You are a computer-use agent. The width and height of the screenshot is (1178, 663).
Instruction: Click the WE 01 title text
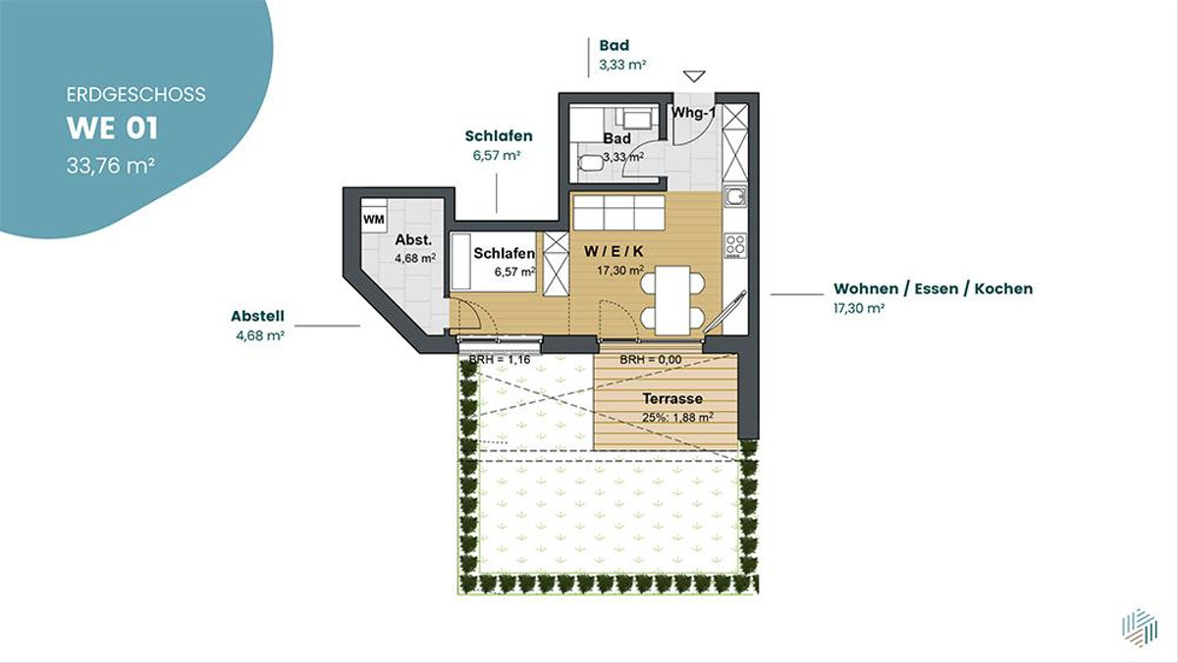point(112,128)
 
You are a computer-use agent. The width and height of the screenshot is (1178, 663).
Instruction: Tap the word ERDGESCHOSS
point(135,94)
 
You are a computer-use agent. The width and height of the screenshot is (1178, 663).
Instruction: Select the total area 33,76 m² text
point(110,166)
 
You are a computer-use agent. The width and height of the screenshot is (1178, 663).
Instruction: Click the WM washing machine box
point(374,219)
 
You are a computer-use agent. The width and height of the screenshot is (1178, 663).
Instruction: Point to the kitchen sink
point(734,196)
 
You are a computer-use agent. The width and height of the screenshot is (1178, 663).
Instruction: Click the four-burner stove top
point(735,245)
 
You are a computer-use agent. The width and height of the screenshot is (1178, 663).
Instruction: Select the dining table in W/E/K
point(672,300)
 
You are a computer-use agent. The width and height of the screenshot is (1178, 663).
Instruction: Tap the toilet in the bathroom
point(591,163)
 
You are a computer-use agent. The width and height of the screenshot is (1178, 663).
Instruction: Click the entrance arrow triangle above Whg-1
point(694,76)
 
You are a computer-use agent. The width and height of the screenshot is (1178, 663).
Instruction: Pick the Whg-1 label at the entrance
point(693,113)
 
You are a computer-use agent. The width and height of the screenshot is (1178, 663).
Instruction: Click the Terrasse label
point(672,399)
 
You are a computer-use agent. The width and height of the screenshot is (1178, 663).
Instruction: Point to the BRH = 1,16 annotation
point(500,360)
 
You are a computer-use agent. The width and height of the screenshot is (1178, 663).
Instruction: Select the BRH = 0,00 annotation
point(651,360)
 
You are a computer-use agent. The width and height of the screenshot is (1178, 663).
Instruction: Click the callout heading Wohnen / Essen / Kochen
point(933,288)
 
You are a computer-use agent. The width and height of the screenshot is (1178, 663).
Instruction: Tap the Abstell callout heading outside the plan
point(257,316)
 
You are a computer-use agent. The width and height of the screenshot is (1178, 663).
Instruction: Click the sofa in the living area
point(619,211)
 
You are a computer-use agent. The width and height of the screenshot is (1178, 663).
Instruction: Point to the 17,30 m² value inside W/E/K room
point(620,271)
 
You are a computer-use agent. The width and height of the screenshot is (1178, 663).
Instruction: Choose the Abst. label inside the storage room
point(413,239)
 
